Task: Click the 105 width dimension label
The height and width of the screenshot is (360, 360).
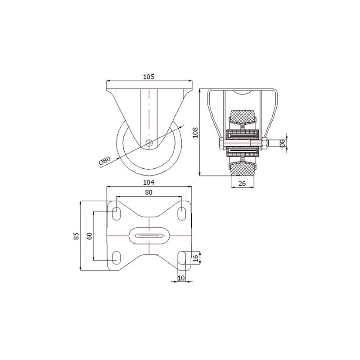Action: (x=148, y=77)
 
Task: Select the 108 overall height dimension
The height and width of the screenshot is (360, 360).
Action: (x=195, y=132)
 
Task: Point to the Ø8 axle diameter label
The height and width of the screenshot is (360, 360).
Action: (x=283, y=143)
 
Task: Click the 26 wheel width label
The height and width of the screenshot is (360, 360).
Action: (x=242, y=183)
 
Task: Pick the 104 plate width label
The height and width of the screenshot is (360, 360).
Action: (x=148, y=182)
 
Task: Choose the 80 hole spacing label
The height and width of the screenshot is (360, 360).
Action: (x=148, y=192)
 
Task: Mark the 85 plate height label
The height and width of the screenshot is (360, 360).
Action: (x=76, y=236)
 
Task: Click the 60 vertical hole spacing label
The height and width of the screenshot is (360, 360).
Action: (x=89, y=236)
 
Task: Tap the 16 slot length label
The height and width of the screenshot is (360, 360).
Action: (x=195, y=258)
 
